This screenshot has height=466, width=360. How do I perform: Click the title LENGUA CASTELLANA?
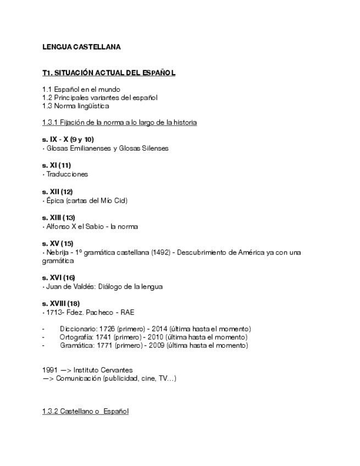[x=81, y=47]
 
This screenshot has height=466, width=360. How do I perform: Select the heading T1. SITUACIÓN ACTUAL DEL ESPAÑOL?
[x=109, y=73]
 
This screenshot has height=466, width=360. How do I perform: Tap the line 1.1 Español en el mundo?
[x=81, y=89]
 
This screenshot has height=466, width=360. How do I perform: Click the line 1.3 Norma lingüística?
[x=75, y=106]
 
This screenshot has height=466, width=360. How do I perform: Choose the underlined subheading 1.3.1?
[x=119, y=123]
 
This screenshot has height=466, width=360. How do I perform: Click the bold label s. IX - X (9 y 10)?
[x=68, y=140]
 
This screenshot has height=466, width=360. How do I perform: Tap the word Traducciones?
[x=67, y=174]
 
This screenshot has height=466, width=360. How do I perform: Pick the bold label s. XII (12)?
[x=57, y=192]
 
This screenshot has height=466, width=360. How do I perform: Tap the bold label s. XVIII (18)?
[x=61, y=304]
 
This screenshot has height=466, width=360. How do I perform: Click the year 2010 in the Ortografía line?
[x=161, y=337]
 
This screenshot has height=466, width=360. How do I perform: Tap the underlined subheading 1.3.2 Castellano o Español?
[x=85, y=411]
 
